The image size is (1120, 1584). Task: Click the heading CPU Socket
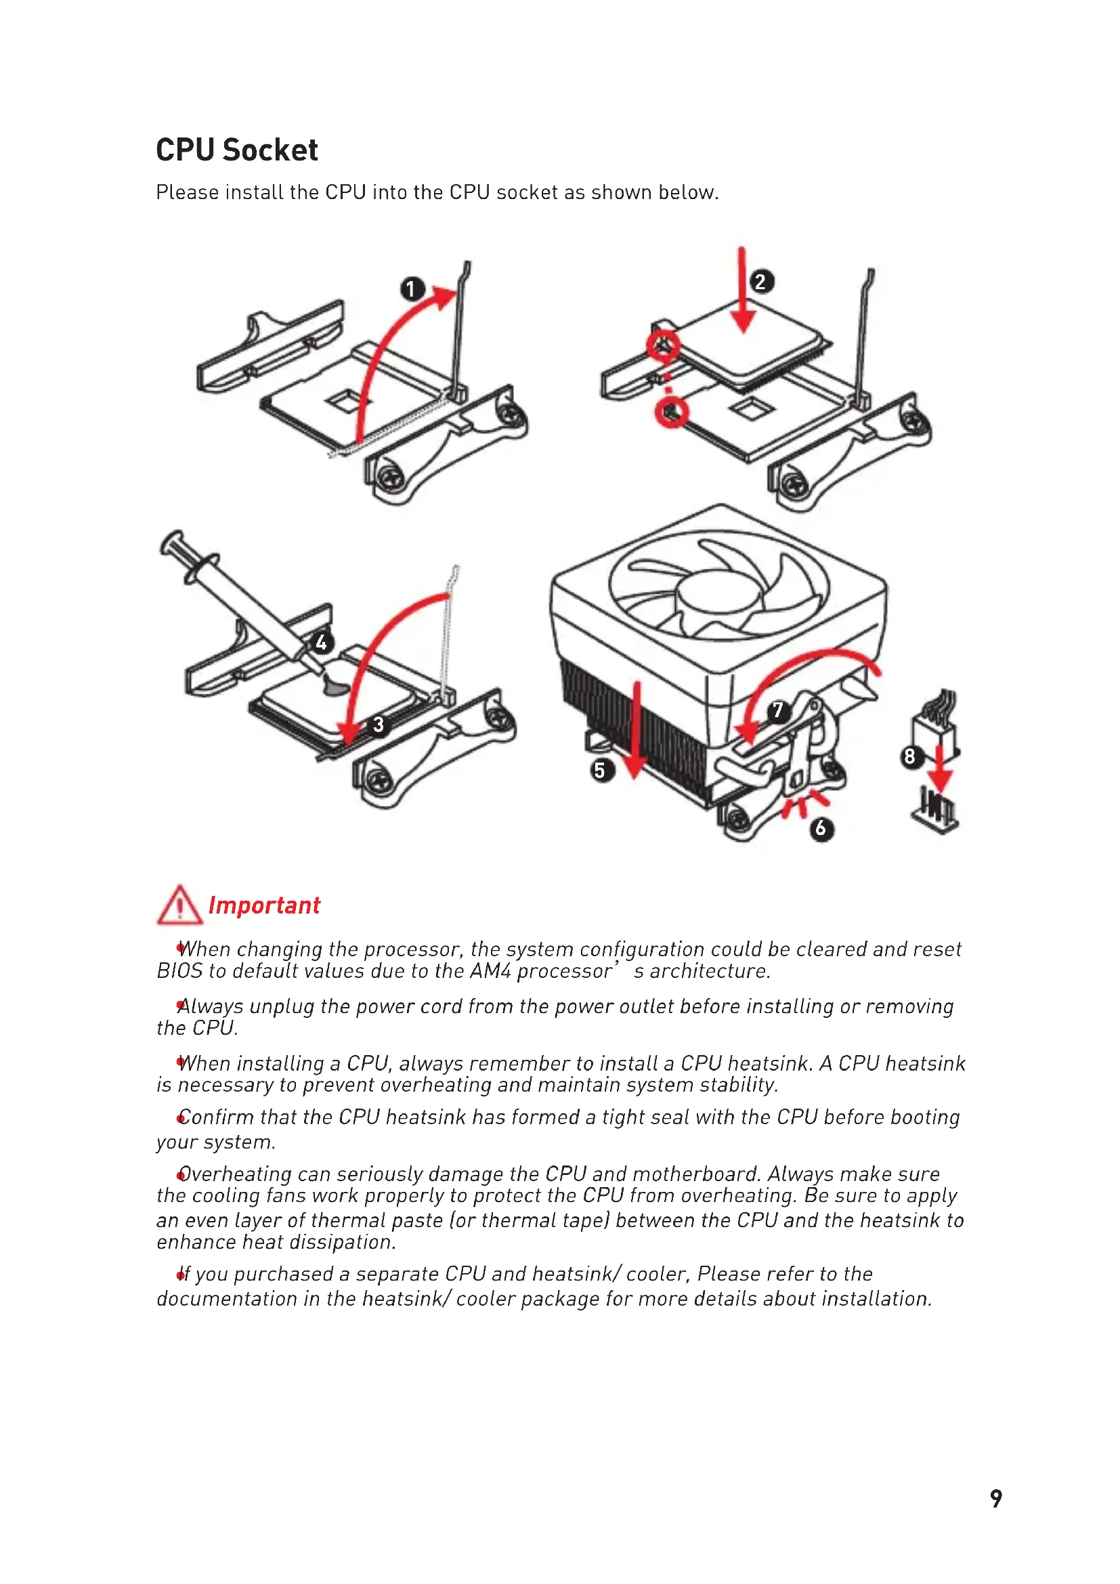[236, 150]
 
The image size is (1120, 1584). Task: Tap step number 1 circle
[412, 288]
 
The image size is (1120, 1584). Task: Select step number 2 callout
[760, 282]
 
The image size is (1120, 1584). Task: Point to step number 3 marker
[379, 725]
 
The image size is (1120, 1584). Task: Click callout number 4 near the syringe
[322, 643]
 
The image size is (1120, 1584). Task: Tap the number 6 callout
[821, 828]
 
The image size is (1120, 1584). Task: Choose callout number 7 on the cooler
[778, 710]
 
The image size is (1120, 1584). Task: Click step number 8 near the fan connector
[910, 757]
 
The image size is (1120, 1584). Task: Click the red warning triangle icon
[179, 906]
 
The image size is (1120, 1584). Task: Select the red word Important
[264, 905]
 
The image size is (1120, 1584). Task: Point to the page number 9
[996, 1498]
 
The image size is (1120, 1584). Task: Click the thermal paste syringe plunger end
[173, 542]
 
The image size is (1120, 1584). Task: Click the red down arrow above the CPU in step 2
[742, 290]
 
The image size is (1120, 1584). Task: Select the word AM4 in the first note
[490, 971]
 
